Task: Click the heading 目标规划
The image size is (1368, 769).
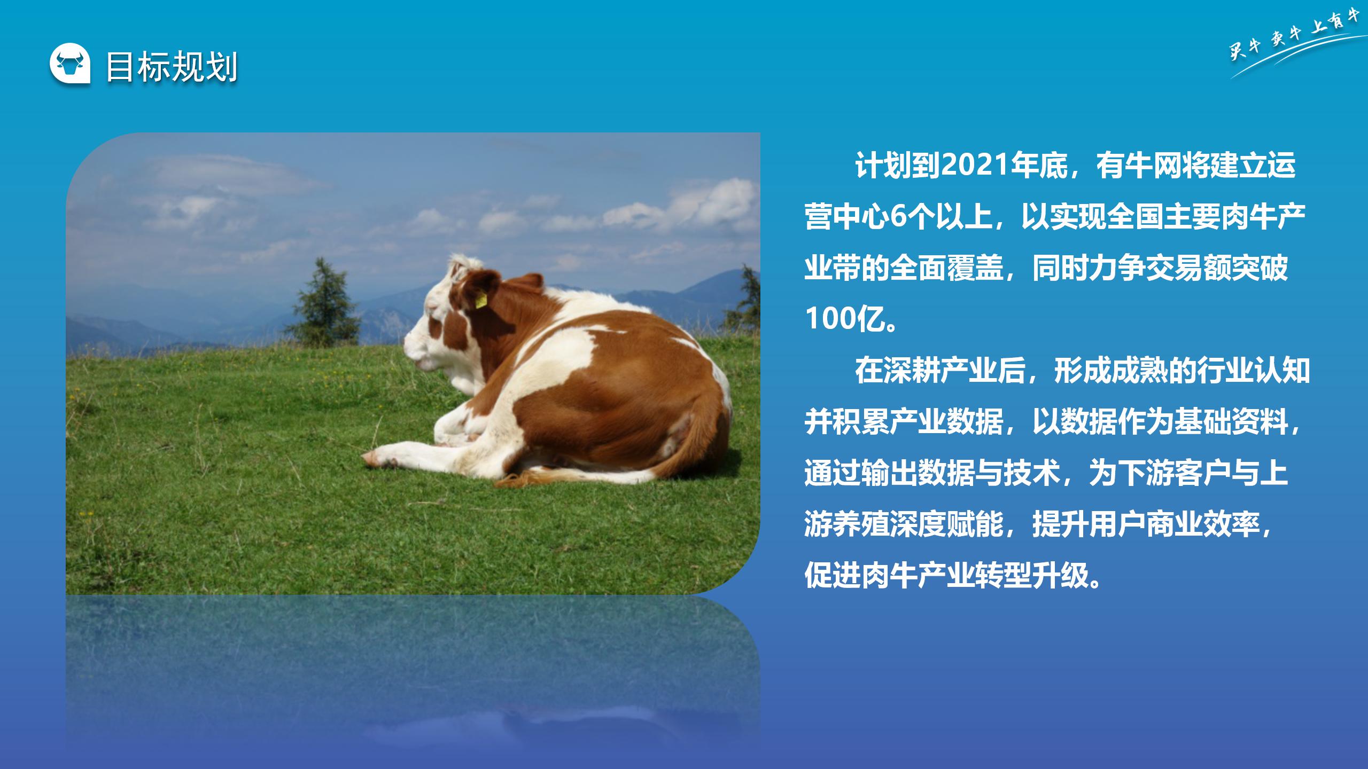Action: pyautogui.click(x=172, y=67)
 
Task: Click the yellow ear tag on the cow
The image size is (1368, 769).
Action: pyautogui.click(x=481, y=300)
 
